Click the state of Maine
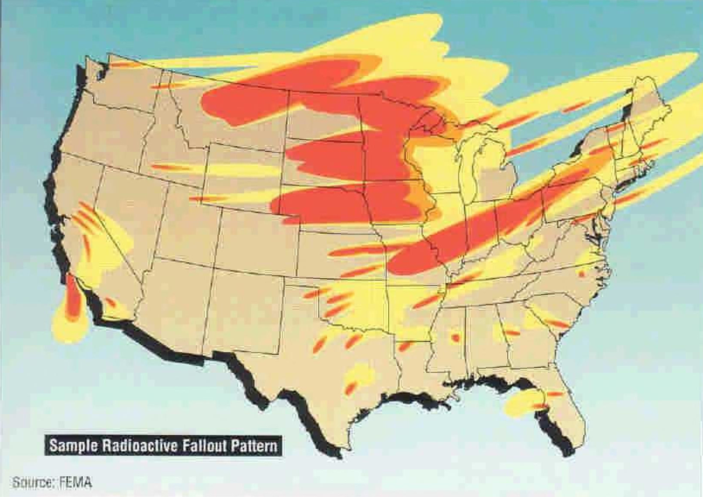tap(647, 108)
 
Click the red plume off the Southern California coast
tap(73, 298)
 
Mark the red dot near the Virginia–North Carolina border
tap(581, 274)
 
